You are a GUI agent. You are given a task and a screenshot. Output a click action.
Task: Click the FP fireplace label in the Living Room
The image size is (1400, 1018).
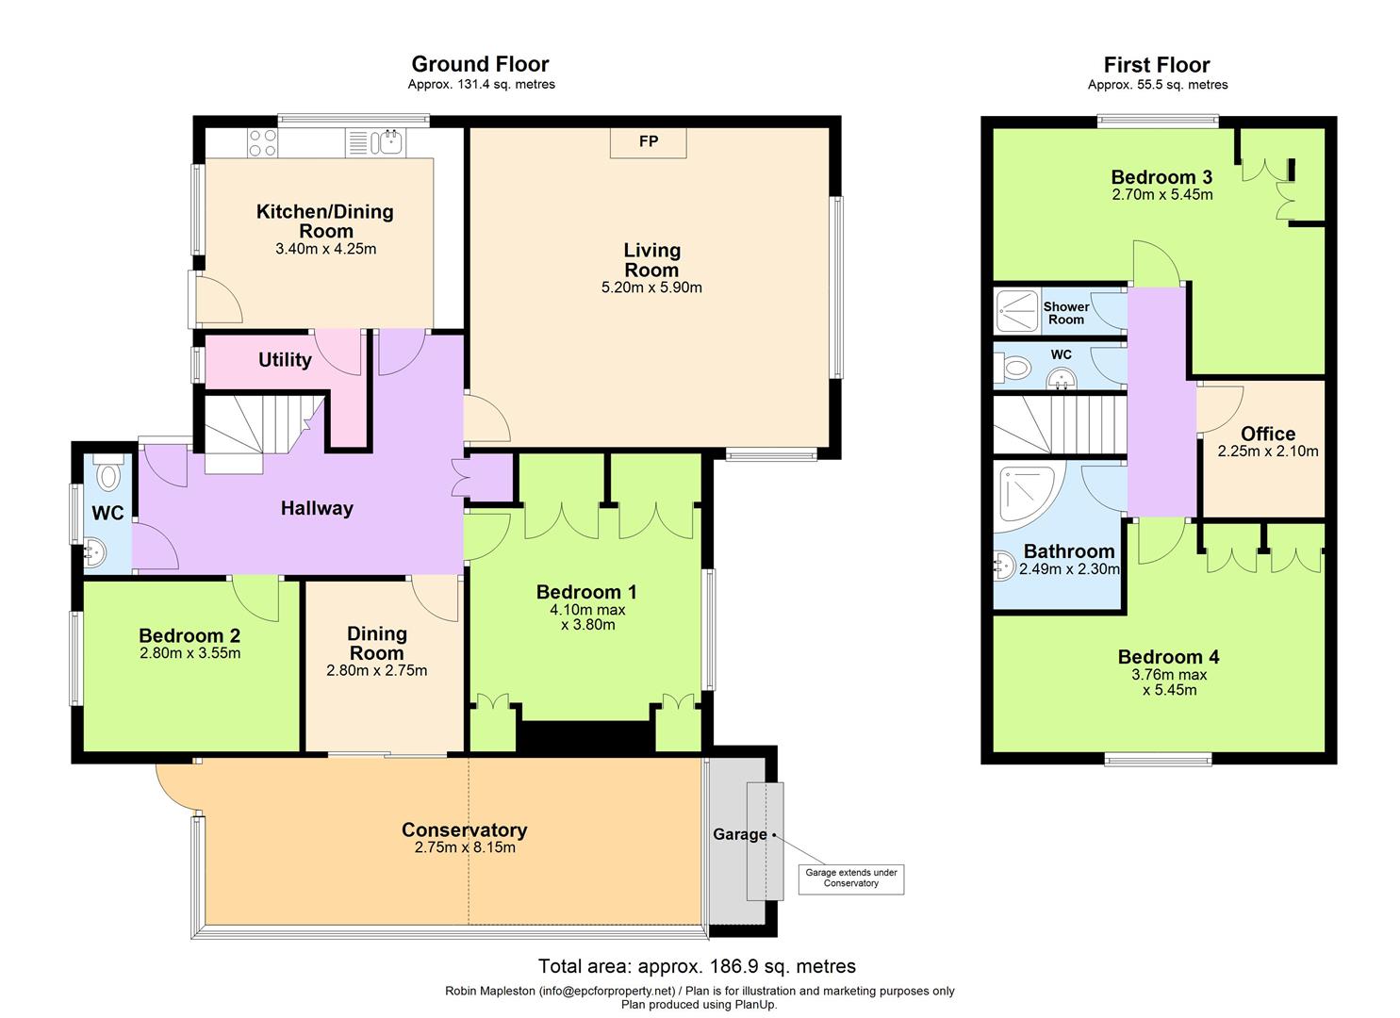[648, 142]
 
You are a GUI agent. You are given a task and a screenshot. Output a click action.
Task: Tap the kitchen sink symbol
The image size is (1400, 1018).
[387, 142]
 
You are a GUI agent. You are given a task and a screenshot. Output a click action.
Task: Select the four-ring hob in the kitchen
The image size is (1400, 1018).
[262, 142]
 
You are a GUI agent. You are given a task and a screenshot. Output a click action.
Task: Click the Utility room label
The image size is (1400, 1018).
[285, 360]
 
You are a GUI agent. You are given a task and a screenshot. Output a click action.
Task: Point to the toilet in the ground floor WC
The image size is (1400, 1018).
[110, 473]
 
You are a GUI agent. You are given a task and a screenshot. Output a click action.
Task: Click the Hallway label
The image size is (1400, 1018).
[317, 509]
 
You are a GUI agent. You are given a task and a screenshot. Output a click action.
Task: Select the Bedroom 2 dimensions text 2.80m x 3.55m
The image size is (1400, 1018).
[189, 653]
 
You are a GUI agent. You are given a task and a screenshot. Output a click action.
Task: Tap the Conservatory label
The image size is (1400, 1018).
[464, 829]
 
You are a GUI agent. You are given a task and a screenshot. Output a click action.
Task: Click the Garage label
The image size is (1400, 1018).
[739, 834]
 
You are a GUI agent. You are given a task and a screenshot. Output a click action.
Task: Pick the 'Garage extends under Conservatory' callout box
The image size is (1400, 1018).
[850, 878]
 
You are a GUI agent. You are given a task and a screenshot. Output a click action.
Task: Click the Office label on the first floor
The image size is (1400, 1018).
[1267, 434]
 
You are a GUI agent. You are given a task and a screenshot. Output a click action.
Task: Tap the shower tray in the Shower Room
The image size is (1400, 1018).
[1016, 312]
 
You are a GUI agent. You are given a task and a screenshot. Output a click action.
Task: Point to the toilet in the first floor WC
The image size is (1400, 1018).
[1016, 366]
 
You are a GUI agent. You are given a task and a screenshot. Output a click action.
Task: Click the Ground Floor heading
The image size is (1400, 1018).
[480, 64]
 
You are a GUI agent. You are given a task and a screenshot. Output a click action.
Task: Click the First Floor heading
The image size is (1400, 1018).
[1157, 65]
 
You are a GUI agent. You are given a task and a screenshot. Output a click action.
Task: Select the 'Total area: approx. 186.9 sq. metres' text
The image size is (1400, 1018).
[697, 966]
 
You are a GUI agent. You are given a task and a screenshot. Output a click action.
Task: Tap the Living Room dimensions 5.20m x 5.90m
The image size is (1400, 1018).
[651, 288]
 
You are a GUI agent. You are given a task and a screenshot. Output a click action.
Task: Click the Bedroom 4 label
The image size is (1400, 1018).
[1168, 657]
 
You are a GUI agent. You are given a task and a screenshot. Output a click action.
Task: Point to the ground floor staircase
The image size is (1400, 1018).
[255, 429]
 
